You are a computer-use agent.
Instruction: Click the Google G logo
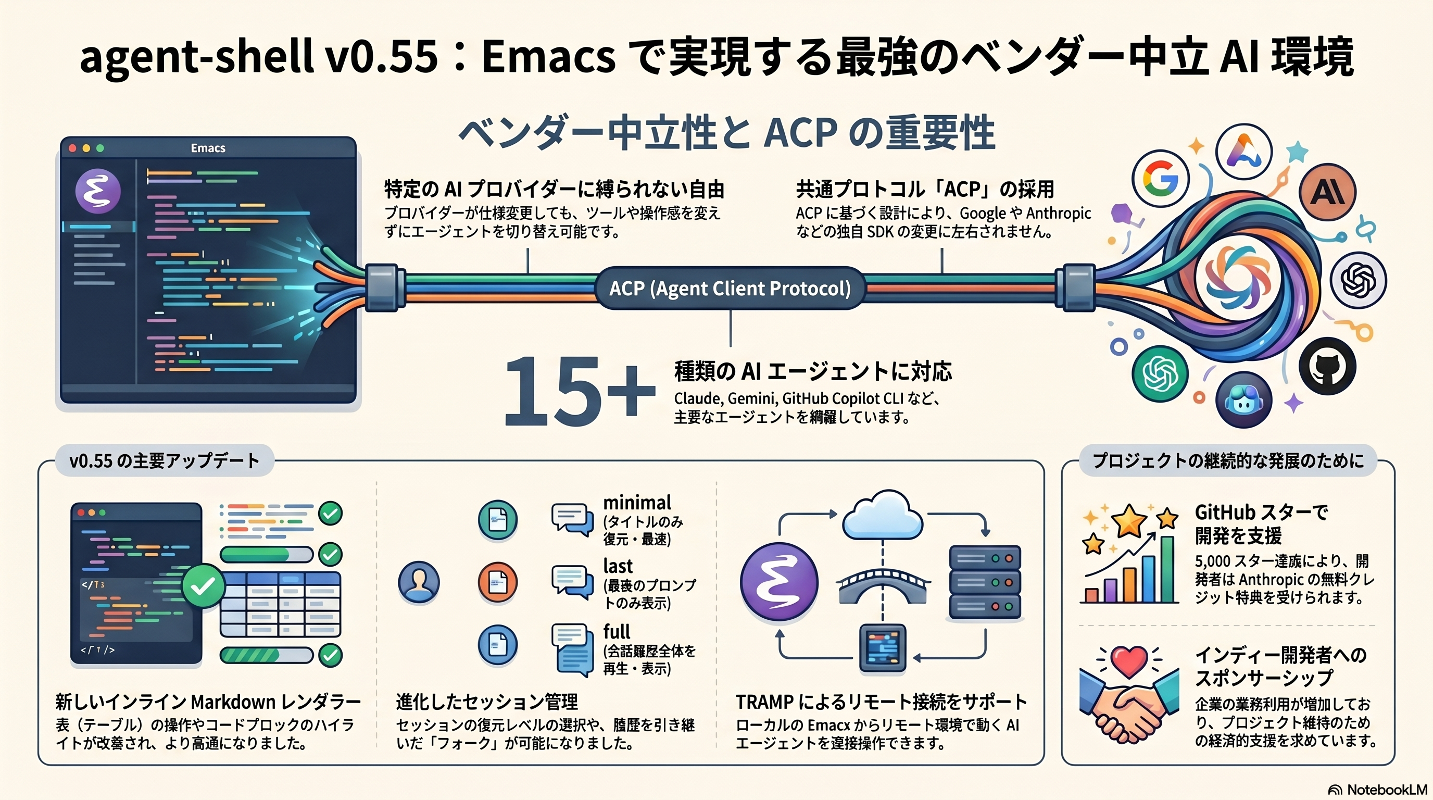(1161, 179)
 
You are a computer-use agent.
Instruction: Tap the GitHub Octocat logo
(1327, 366)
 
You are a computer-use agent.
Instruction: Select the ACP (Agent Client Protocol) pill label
(730, 288)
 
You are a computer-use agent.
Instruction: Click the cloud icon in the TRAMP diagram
(882, 515)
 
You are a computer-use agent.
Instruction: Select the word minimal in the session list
(637, 503)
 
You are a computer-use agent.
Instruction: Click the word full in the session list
(617, 631)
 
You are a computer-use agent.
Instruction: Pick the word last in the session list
(618, 566)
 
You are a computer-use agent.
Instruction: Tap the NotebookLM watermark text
(1387, 790)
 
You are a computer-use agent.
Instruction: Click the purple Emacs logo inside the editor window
(98, 191)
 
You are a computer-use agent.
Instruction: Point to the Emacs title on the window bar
(208, 148)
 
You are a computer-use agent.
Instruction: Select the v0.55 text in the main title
(382, 57)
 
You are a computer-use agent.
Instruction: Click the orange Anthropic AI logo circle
(1327, 192)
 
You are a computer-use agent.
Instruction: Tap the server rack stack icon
(985, 582)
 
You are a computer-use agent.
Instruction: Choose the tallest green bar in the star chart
(1167, 569)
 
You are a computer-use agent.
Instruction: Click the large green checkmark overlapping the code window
(203, 586)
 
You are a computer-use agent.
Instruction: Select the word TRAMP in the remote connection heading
(765, 702)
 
